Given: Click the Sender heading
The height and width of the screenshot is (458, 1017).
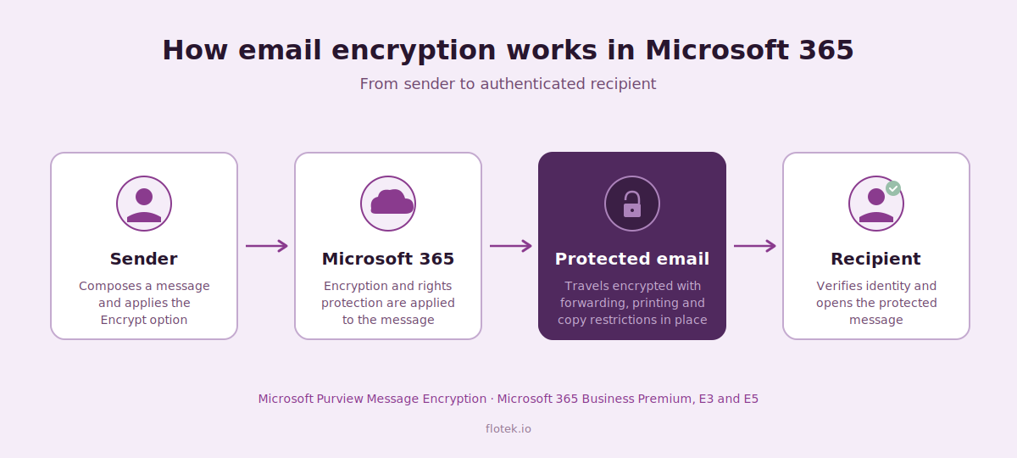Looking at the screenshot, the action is point(143,259).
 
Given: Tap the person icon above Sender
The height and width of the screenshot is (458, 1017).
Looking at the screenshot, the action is point(144,204).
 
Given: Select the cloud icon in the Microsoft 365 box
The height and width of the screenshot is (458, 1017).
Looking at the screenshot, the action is point(392,202).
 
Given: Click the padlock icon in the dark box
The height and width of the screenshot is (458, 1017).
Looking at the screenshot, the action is point(632,204).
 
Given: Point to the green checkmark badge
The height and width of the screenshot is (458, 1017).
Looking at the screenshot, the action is point(893,188).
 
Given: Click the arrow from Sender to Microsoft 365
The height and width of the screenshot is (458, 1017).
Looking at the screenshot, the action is point(267,246).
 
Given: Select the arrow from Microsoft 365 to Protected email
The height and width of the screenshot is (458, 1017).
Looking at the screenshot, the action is point(511,246).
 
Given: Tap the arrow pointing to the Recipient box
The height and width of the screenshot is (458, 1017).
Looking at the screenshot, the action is point(755,246).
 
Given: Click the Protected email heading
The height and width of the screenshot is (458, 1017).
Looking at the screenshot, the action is point(632,259).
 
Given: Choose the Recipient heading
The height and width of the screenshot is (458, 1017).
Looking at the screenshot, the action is point(875,259).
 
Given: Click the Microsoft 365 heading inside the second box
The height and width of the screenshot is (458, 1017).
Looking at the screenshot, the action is point(388,259).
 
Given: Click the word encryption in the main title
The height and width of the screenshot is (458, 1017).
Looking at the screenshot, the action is point(414,50).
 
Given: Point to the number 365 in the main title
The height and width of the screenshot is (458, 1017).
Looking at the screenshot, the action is point(826,50).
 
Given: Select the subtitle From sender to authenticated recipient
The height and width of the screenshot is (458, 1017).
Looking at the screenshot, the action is point(508,84).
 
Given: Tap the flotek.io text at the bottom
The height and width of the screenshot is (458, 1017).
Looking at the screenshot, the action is point(508,428).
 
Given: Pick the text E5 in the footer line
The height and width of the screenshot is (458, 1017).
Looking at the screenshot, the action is point(751,399).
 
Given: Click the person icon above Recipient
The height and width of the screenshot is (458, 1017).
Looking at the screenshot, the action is point(876,204).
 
